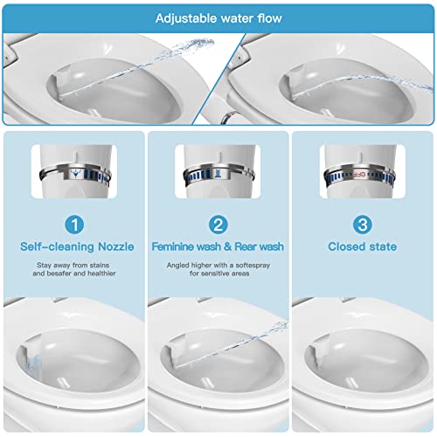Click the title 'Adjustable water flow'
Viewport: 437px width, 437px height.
click(218, 17)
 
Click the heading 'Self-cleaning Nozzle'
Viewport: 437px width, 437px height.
click(77, 246)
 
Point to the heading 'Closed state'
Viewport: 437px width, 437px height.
click(361, 246)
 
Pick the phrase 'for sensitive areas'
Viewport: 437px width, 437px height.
click(219, 274)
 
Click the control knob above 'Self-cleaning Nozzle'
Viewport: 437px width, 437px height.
click(77, 170)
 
